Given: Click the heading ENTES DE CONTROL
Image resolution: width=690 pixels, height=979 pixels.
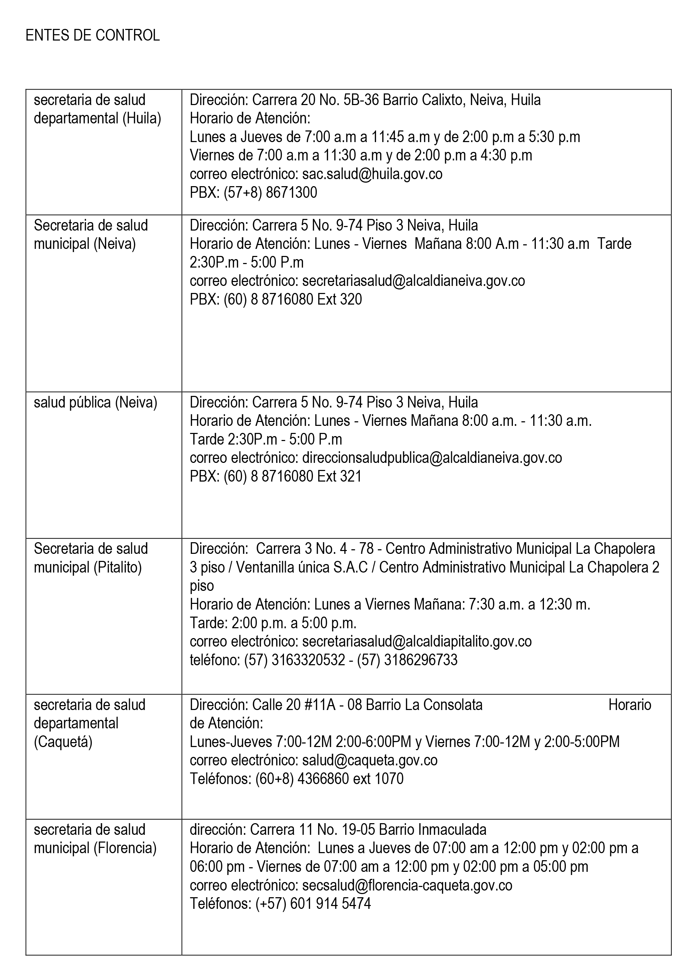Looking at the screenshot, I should (x=92, y=35).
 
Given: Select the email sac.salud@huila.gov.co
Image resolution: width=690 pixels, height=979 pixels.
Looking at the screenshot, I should (x=372, y=174).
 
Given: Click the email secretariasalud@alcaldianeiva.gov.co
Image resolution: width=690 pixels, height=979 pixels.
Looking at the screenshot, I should (x=413, y=281).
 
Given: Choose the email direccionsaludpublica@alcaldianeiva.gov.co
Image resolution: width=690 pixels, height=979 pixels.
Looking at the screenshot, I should (x=432, y=458).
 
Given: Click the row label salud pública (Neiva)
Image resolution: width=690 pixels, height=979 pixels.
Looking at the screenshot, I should (x=96, y=402).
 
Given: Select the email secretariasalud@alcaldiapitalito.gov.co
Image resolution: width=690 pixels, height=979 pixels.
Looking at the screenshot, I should (x=417, y=641).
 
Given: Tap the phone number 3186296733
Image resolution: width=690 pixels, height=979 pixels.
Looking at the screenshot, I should (x=421, y=660).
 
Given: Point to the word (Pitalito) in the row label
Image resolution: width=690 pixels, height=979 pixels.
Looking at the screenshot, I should (x=117, y=568).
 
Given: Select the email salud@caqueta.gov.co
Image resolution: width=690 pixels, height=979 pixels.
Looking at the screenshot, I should (x=370, y=760).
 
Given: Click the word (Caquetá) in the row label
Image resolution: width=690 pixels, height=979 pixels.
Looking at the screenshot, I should (x=63, y=742).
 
